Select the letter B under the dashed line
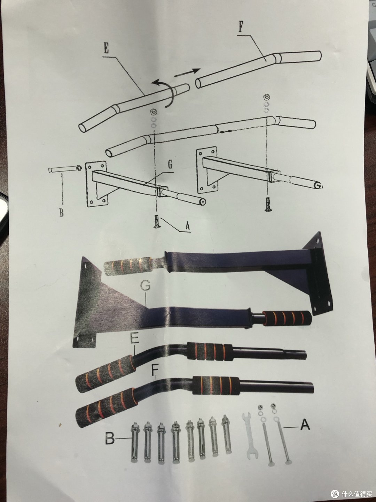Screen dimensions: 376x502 click(61, 213)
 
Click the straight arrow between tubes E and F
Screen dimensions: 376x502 click(187, 73)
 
